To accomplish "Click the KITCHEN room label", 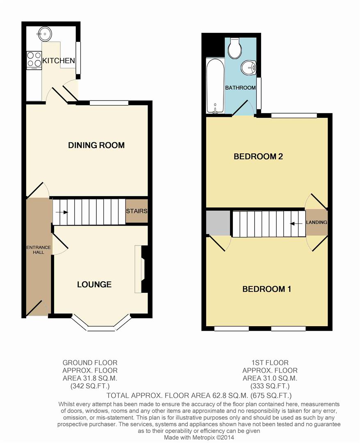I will point(59,61).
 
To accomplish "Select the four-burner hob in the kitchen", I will point(34,60).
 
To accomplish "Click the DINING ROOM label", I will point(96,145).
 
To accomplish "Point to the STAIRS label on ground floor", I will point(137,211).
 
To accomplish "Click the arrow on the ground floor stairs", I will point(62,212).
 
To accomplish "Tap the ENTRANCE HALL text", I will point(39,250).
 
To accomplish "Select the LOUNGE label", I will point(94,284).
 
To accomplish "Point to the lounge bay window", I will point(101,328).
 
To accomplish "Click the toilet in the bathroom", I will point(235,49).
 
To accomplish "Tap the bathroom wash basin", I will point(248,67).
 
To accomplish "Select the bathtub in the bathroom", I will point(215,86).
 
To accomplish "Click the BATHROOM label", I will point(240,88).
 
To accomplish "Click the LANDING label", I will point(317,222).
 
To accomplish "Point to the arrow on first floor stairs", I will point(294,224).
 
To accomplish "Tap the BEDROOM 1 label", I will point(267,289).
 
